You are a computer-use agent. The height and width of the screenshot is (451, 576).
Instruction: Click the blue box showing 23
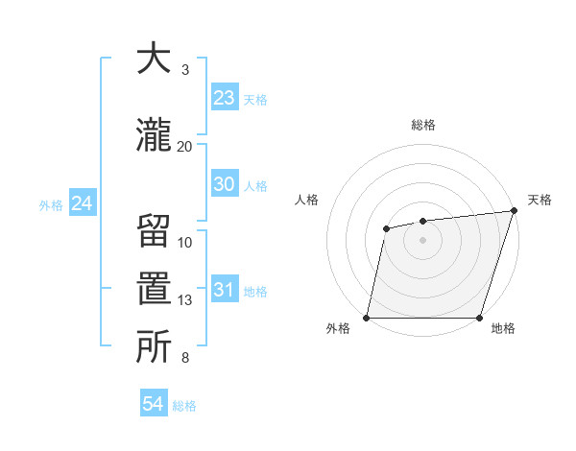[224, 98]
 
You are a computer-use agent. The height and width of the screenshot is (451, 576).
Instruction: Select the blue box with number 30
[224, 184]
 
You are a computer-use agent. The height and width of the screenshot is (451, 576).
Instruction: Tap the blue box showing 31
[224, 290]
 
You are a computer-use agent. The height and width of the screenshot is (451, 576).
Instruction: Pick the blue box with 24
[82, 203]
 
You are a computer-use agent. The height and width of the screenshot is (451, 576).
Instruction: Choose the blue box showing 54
[154, 404]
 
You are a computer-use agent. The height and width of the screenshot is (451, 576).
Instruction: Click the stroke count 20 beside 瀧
[184, 146]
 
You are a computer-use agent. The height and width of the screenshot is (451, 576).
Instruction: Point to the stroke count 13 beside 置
[184, 300]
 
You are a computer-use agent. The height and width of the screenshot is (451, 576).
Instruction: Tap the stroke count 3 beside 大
[185, 69]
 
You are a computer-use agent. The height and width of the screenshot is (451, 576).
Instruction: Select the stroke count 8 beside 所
[185, 359]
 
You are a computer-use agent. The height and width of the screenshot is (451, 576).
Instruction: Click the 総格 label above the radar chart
[422, 125]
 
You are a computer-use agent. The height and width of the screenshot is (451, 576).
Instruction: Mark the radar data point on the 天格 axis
[514, 211]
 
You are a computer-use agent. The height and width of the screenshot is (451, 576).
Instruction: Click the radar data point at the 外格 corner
[367, 318]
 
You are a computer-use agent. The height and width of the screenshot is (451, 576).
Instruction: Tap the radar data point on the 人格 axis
[386, 228]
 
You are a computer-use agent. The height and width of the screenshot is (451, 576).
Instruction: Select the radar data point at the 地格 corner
[479, 318]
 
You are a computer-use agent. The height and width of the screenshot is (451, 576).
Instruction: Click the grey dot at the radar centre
[422, 240]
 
